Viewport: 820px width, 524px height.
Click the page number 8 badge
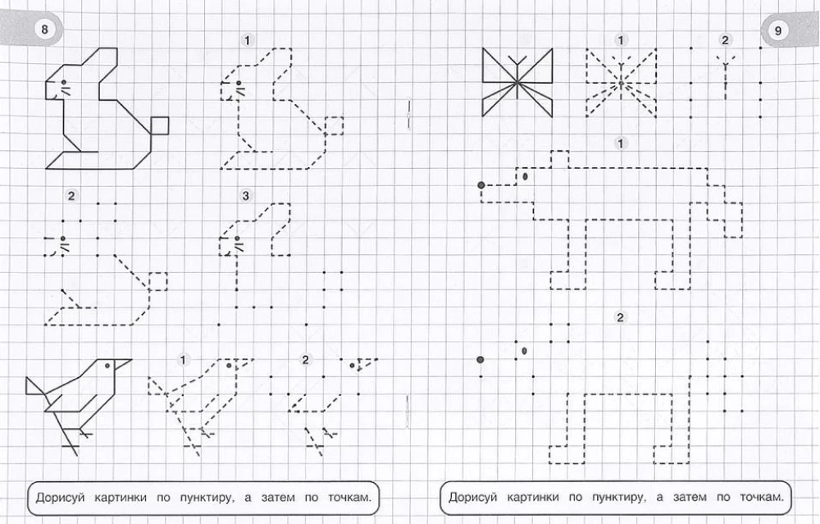click(x=44, y=30)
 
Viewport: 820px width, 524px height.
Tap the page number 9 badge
click(x=777, y=30)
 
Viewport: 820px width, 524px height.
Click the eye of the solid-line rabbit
click(x=64, y=82)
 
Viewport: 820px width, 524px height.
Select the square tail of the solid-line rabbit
click(x=160, y=125)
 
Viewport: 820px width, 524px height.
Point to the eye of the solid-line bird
click(x=107, y=366)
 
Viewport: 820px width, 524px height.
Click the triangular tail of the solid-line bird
click(x=35, y=387)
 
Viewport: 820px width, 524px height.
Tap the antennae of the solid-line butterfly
click(x=517, y=61)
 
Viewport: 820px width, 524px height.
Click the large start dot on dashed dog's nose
click(x=481, y=185)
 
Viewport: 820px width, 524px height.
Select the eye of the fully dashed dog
click(x=525, y=177)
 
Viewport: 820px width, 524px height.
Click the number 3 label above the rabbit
click(x=246, y=196)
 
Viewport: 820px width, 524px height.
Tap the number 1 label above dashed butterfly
click(x=620, y=40)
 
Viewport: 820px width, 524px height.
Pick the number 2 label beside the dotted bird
click(x=305, y=359)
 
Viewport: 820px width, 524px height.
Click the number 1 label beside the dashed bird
click(x=183, y=360)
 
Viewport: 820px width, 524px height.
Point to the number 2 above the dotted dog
click(x=620, y=317)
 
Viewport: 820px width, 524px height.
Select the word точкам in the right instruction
click(x=762, y=497)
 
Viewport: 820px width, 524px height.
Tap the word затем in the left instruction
click(x=278, y=497)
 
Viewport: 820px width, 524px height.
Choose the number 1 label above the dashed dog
click(x=620, y=144)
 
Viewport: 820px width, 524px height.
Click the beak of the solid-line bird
click(x=124, y=363)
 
